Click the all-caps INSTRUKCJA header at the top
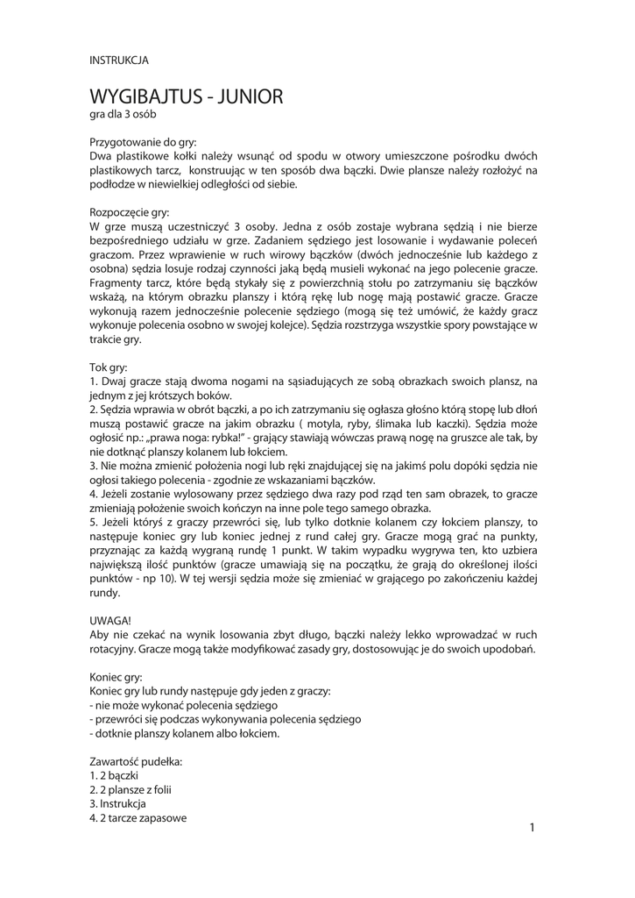(x=119, y=61)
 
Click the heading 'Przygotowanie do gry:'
(x=144, y=141)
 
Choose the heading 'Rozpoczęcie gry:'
(x=131, y=211)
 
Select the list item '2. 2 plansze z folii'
(x=131, y=790)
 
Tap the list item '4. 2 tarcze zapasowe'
(x=138, y=818)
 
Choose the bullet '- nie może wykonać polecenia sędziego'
(x=184, y=705)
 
